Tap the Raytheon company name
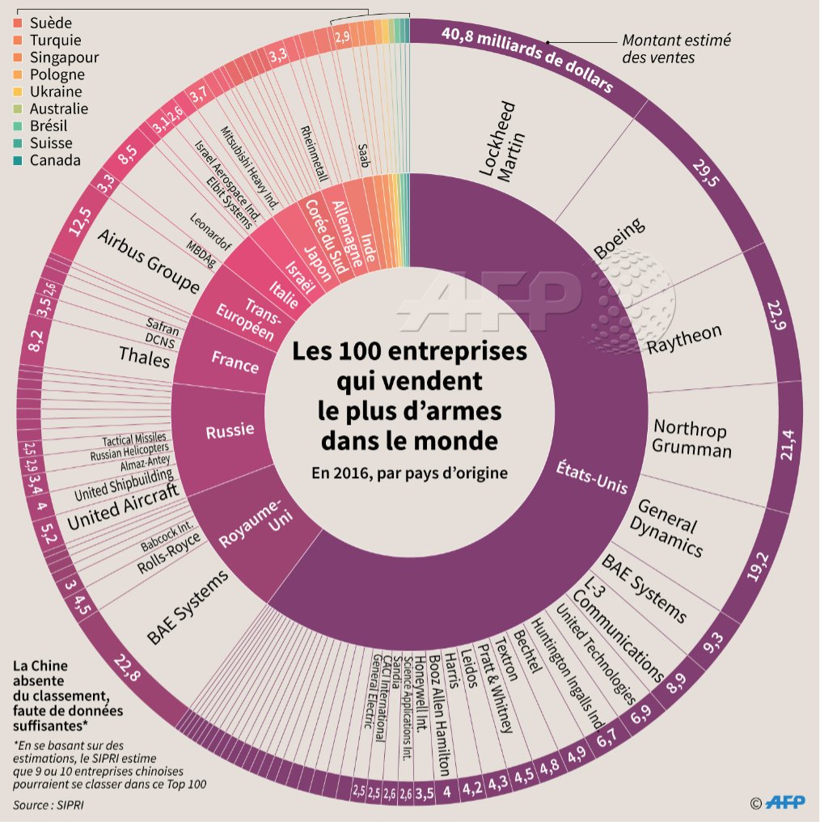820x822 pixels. coord(684,341)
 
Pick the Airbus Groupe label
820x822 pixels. coord(149,261)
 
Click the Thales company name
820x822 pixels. coord(145,356)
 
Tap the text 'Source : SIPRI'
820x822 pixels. coord(48,805)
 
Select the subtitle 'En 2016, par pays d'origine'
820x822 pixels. coord(408,473)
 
